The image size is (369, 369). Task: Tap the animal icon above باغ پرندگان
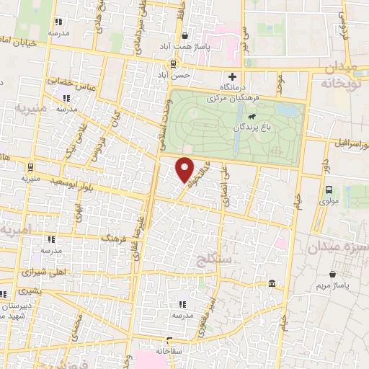coord(252,116)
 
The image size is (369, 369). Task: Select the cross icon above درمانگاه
coord(232,76)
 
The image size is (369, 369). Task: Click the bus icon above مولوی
coord(329,190)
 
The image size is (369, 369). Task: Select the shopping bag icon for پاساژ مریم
coord(332,275)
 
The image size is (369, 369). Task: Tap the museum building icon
coord(271,284)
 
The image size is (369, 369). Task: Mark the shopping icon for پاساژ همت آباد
coord(185,35)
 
